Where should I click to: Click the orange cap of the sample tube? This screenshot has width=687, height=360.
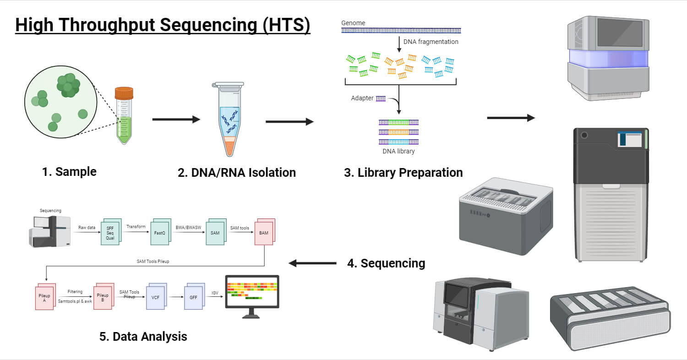[x=124, y=93]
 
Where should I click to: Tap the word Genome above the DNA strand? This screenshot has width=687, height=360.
[x=353, y=23]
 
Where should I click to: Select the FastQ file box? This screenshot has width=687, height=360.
[x=159, y=233]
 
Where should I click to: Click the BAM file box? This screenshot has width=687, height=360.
[x=264, y=233]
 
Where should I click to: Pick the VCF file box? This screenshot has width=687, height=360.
[x=155, y=297]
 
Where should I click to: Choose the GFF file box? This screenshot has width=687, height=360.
[x=193, y=297]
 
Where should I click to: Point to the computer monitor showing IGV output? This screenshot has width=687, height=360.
[x=252, y=293]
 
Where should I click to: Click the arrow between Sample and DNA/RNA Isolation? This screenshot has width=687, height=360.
[x=176, y=120]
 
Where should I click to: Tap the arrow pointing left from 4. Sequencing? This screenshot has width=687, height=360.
[x=313, y=263]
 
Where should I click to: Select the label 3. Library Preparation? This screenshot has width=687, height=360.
[x=403, y=173]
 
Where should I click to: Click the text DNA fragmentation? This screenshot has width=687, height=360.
[x=431, y=42]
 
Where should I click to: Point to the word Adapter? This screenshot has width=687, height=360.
[x=362, y=98]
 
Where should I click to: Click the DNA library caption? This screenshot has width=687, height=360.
[x=398, y=151]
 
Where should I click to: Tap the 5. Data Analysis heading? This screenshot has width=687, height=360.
[x=143, y=336]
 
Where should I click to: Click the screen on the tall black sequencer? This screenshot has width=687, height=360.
[x=630, y=139]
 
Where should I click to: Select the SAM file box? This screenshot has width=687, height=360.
[x=215, y=233]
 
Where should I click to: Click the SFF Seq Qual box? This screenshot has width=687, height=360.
[x=110, y=233]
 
